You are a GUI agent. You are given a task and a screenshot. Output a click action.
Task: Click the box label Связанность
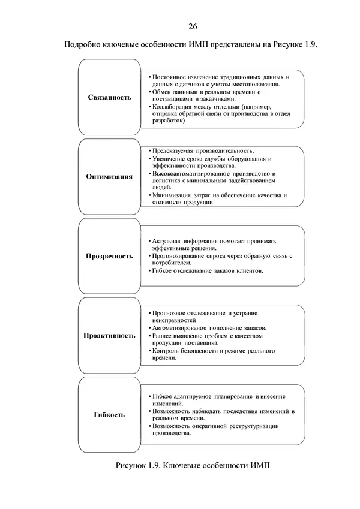pyautogui.click(x=109, y=97)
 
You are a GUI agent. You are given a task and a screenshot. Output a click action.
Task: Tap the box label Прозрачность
pyautogui.click(x=109, y=256)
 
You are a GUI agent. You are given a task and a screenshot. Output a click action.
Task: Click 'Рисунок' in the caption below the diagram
pyautogui.click(x=131, y=466)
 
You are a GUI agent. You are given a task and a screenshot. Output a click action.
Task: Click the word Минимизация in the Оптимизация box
pyautogui.click(x=171, y=195)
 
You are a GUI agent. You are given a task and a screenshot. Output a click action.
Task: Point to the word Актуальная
pyautogui.click(x=169, y=241)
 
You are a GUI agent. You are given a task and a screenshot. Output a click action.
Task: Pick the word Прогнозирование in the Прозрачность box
pyautogui.click(x=176, y=256)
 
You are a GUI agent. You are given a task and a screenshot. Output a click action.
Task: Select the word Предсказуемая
pyautogui.click(x=173, y=151)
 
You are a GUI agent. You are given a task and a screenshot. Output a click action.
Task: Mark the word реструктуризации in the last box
pyautogui.click(x=253, y=426)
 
